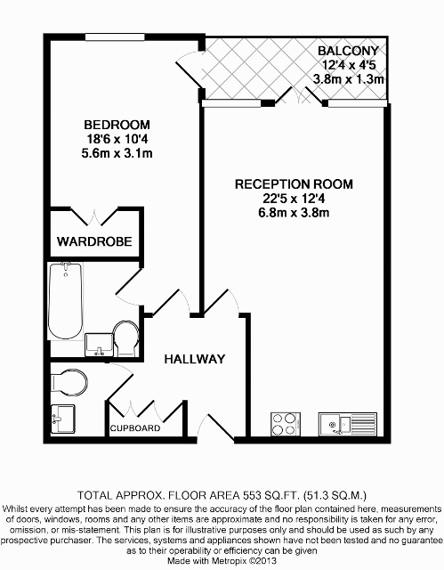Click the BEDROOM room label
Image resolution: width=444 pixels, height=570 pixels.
click(x=117, y=125)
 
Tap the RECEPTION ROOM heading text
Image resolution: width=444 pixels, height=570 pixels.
click(x=294, y=184)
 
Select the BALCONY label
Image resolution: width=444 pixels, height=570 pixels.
click(x=348, y=51)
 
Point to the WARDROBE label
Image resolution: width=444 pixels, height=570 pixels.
click(x=94, y=241)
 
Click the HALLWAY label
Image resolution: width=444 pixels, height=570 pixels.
click(x=195, y=359)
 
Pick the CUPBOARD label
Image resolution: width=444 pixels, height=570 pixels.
click(x=135, y=428)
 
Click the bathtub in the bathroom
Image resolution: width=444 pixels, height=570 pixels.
click(x=65, y=301)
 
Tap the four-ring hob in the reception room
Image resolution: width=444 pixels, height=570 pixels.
click(x=286, y=424)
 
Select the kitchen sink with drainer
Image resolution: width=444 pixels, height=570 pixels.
click(x=348, y=424)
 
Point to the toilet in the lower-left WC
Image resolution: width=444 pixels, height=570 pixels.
click(x=69, y=383)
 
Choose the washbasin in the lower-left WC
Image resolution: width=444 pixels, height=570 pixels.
click(x=63, y=419)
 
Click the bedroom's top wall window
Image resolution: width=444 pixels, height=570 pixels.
click(x=115, y=37)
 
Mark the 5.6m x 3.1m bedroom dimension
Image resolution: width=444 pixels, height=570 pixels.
click(x=117, y=153)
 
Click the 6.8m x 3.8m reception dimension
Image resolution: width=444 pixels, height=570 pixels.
click(x=294, y=212)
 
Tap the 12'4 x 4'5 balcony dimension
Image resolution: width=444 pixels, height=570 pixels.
click(x=349, y=65)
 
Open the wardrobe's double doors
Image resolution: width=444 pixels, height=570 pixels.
click(x=95, y=217)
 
